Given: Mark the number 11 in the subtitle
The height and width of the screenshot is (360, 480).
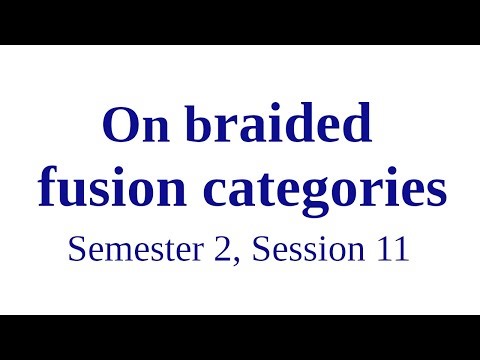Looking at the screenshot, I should [392, 249].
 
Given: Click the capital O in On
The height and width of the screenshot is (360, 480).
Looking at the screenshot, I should [120, 128].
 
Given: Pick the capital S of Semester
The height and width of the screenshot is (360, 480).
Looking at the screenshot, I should [76, 249].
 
